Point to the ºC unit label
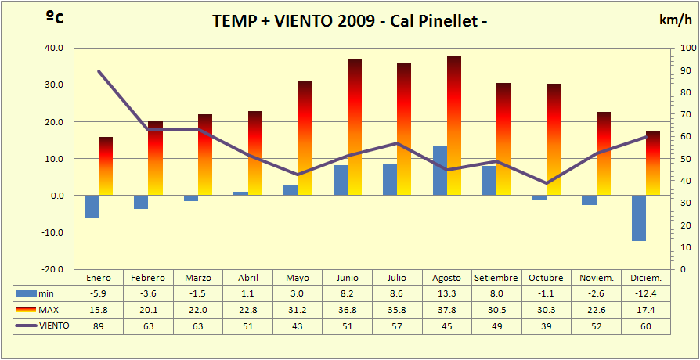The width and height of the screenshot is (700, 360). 53,18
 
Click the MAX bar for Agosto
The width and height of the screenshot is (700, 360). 454,125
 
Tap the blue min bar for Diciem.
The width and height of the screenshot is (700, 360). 639,218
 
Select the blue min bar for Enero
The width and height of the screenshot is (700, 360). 92,207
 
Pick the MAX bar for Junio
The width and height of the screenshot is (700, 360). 355,127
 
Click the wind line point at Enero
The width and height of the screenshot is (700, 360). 99,71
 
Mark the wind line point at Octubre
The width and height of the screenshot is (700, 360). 547,183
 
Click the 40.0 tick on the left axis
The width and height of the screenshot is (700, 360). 53,48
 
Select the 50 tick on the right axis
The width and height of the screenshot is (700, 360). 686,159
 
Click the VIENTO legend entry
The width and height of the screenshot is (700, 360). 45,326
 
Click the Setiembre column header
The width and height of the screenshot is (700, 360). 496,278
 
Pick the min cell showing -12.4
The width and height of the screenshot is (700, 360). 646,293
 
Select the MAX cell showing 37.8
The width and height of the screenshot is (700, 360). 446,310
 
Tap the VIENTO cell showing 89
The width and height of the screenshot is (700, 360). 99,326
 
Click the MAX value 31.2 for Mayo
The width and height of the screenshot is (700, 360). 298,310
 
